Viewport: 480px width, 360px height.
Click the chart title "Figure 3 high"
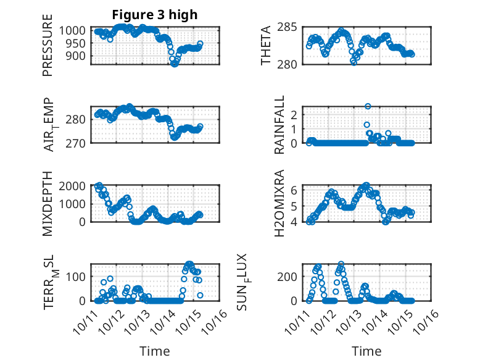154,15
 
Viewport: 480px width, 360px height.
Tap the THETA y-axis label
266,46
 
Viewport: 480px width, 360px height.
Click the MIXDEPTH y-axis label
48,204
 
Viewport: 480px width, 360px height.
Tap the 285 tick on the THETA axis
291,27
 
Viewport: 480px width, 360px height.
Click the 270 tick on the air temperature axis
80,143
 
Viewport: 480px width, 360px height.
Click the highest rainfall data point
368,106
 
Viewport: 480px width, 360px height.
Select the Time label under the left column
154,351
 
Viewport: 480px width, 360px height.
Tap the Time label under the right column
366,351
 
